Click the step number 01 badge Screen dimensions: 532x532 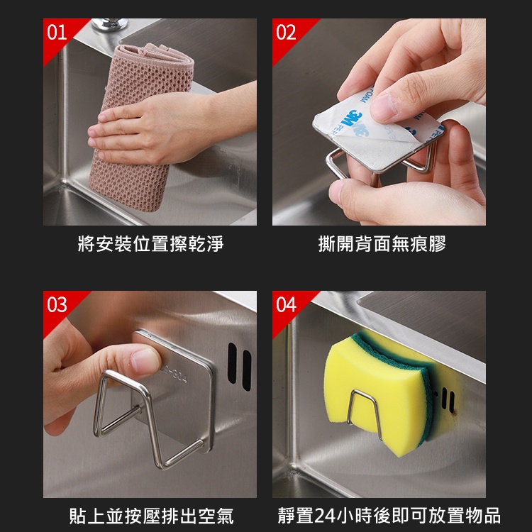tap(57, 33)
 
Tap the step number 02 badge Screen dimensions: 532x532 tap(286, 33)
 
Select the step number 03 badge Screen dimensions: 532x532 tap(57, 305)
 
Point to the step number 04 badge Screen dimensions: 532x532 tap(286, 305)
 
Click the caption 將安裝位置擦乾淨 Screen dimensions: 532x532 tap(150, 243)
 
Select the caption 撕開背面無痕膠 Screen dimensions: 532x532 tap(382, 243)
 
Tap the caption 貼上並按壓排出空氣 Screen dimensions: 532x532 tap(151, 516)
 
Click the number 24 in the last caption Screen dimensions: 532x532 tap(325, 516)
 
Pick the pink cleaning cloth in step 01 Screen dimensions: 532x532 tap(141, 126)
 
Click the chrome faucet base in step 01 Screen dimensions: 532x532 tap(110, 24)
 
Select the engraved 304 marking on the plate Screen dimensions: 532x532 tap(174, 372)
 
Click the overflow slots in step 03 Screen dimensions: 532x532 tap(240, 366)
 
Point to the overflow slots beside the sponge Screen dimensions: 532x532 tap(448, 400)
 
